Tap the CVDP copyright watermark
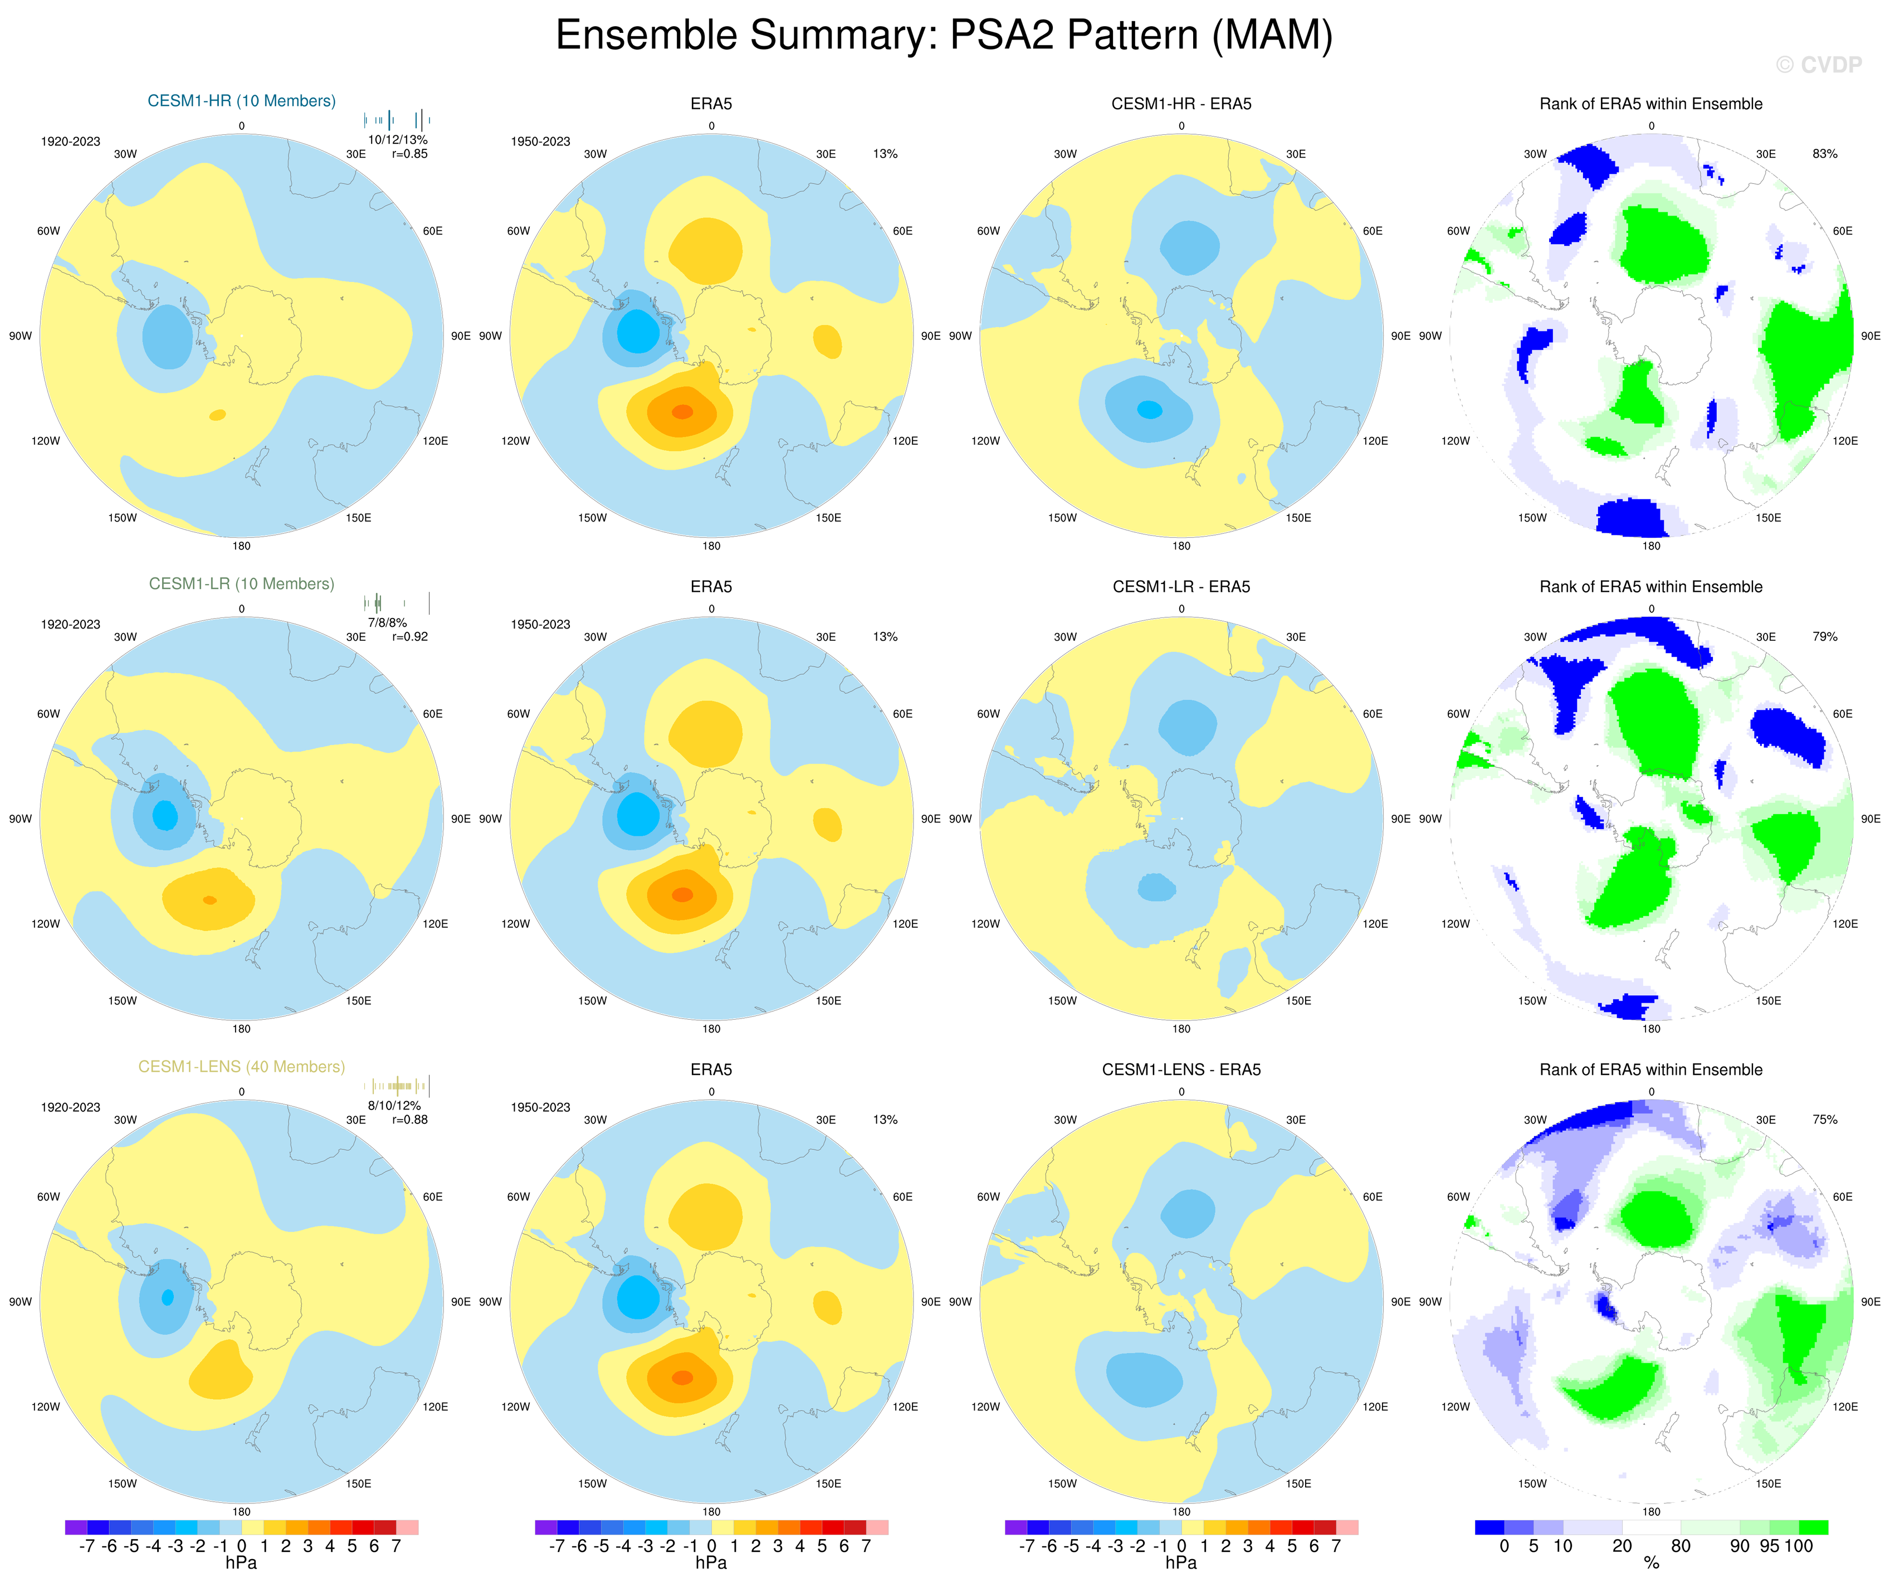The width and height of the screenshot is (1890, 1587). pos(1818,65)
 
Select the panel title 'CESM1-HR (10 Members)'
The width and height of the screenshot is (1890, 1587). pos(241,101)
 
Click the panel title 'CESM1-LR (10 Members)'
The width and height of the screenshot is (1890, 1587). pos(241,584)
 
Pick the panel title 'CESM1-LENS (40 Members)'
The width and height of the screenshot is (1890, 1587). pos(241,1067)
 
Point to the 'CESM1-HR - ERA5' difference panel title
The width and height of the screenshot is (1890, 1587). pos(1181,104)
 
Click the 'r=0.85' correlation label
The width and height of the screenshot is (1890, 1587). pos(409,154)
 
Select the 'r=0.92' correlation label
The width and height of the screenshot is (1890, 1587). pos(409,636)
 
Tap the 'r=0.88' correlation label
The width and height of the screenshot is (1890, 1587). pos(409,1120)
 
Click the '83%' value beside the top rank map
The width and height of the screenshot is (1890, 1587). pos(1824,154)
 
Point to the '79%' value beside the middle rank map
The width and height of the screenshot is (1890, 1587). pos(1824,636)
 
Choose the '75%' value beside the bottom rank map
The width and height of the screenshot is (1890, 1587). pos(1824,1120)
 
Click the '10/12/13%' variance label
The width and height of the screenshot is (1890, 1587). pos(397,139)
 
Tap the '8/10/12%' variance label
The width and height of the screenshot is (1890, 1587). pos(393,1106)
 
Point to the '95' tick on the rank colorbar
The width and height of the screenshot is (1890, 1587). pos(1769,1546)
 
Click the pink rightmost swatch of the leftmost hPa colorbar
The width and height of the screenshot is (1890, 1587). pos(407,1527)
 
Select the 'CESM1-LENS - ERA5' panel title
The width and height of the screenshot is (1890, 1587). pos(1181,1069)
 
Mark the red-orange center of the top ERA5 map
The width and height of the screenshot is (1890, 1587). pos(682,411)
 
